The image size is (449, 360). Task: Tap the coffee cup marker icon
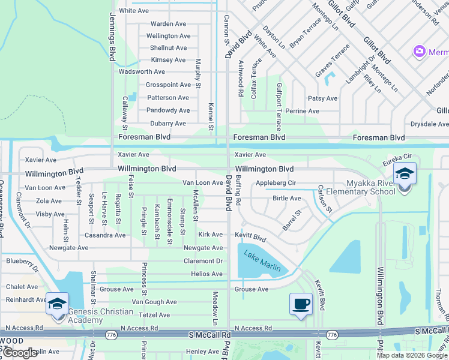301,304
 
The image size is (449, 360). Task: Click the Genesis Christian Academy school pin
57,303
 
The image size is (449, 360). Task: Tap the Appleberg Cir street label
276,182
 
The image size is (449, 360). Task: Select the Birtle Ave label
286,198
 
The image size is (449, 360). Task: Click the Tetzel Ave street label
154,315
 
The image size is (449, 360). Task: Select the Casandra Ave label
105,235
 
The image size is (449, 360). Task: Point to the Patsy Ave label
322,98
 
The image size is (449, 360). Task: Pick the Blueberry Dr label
22,261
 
